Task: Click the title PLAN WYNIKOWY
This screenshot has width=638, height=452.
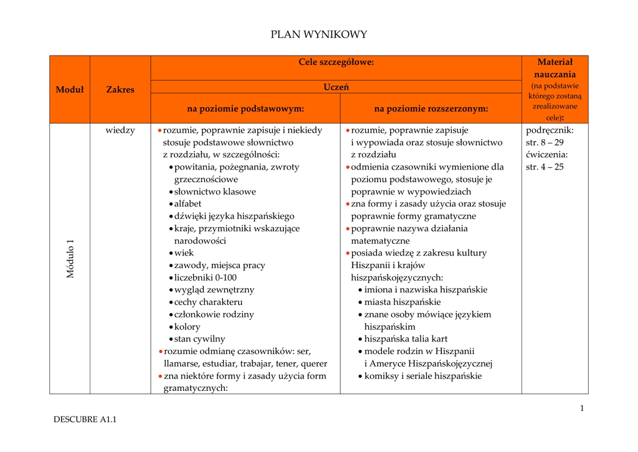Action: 318,35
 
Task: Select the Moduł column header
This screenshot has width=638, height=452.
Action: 70,89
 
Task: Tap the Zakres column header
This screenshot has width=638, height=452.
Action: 120,89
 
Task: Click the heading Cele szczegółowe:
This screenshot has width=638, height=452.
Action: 336,62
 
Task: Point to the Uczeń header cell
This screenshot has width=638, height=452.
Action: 336,87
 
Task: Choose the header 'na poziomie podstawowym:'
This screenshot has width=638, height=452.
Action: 245,108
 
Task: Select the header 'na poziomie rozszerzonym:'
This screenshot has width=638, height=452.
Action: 431,108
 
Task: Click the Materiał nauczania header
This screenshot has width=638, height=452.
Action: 555,68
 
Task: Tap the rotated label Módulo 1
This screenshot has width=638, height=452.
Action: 70,259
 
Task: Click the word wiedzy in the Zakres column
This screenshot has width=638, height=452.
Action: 120,130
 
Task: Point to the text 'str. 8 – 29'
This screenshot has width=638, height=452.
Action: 545,142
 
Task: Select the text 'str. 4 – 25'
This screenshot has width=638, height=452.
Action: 545,166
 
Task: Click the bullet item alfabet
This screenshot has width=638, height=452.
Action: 188,204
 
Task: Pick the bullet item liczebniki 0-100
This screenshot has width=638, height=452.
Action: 205,277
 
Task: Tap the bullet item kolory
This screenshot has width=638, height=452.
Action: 187,327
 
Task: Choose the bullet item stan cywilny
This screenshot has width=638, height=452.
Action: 199,339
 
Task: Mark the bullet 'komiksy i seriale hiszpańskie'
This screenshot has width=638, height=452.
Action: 423,376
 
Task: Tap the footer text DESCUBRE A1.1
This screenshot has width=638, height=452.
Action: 85,420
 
